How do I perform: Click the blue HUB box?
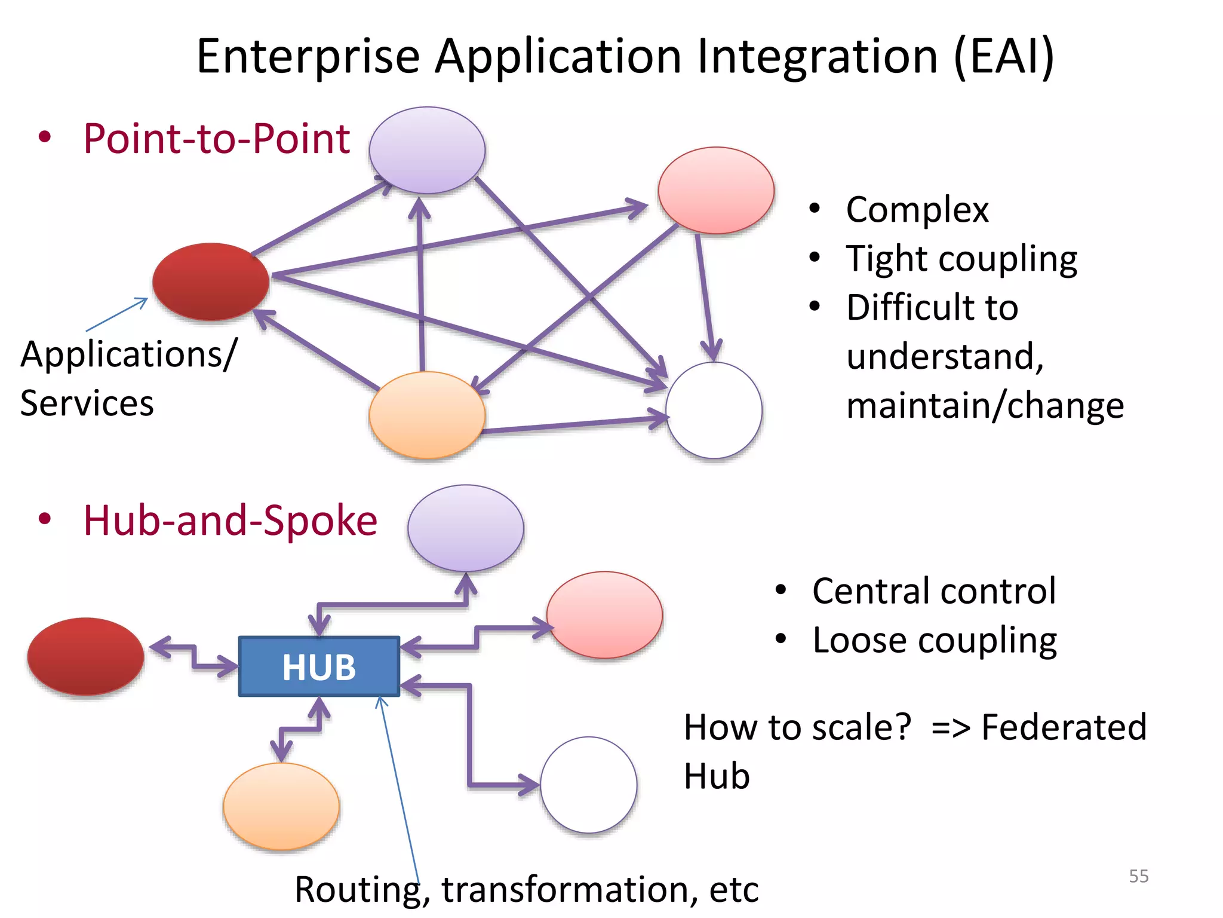point(319,666)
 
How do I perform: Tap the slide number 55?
point(1138,876)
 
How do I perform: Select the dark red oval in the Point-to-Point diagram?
point(210,281)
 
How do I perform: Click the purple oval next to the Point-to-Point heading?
point(427,150)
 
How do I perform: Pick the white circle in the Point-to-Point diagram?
point(714,410)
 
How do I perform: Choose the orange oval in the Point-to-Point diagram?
point(427,415)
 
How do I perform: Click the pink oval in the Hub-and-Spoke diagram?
point(604,615)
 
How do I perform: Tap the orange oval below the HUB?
point(281,806)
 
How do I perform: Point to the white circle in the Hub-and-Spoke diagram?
point(589,785)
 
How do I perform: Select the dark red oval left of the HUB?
point(86,656)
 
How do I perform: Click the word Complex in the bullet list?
point(917,210)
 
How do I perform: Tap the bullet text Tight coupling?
point(961,259)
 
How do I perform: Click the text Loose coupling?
point(935,640)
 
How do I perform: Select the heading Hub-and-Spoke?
point(231,520)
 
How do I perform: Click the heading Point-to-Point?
point(216,139)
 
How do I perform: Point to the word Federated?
point(1064,727)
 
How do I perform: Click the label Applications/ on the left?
point(129,354)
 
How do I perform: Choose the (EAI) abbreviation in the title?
point(1004,56)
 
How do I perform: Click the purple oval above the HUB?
point(466,528)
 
